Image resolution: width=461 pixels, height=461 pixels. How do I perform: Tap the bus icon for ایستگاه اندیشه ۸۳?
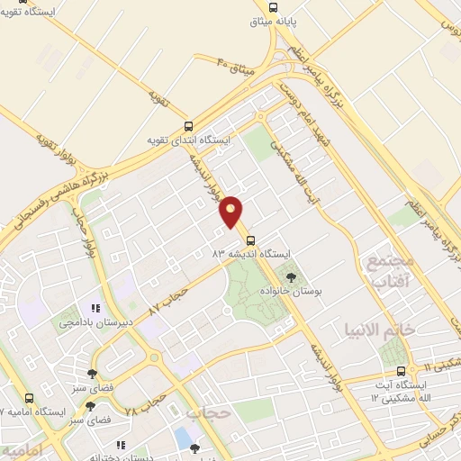(250, 240)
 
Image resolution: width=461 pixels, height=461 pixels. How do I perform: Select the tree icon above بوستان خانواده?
(290, 278)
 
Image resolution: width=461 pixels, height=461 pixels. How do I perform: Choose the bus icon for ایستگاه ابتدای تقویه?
(188, 127)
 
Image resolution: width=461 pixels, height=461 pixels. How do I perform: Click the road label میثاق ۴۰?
(237, 65)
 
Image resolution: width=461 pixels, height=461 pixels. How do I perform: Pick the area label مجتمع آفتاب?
(388, 271)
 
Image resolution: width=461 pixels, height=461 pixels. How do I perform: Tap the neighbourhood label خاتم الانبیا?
(404, 330)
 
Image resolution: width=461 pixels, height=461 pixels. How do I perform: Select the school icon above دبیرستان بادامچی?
(94, 307)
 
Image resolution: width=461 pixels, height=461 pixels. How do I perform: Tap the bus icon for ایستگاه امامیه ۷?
(31, 398)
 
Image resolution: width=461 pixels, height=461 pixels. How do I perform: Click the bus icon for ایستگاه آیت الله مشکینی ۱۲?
(401, 370)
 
